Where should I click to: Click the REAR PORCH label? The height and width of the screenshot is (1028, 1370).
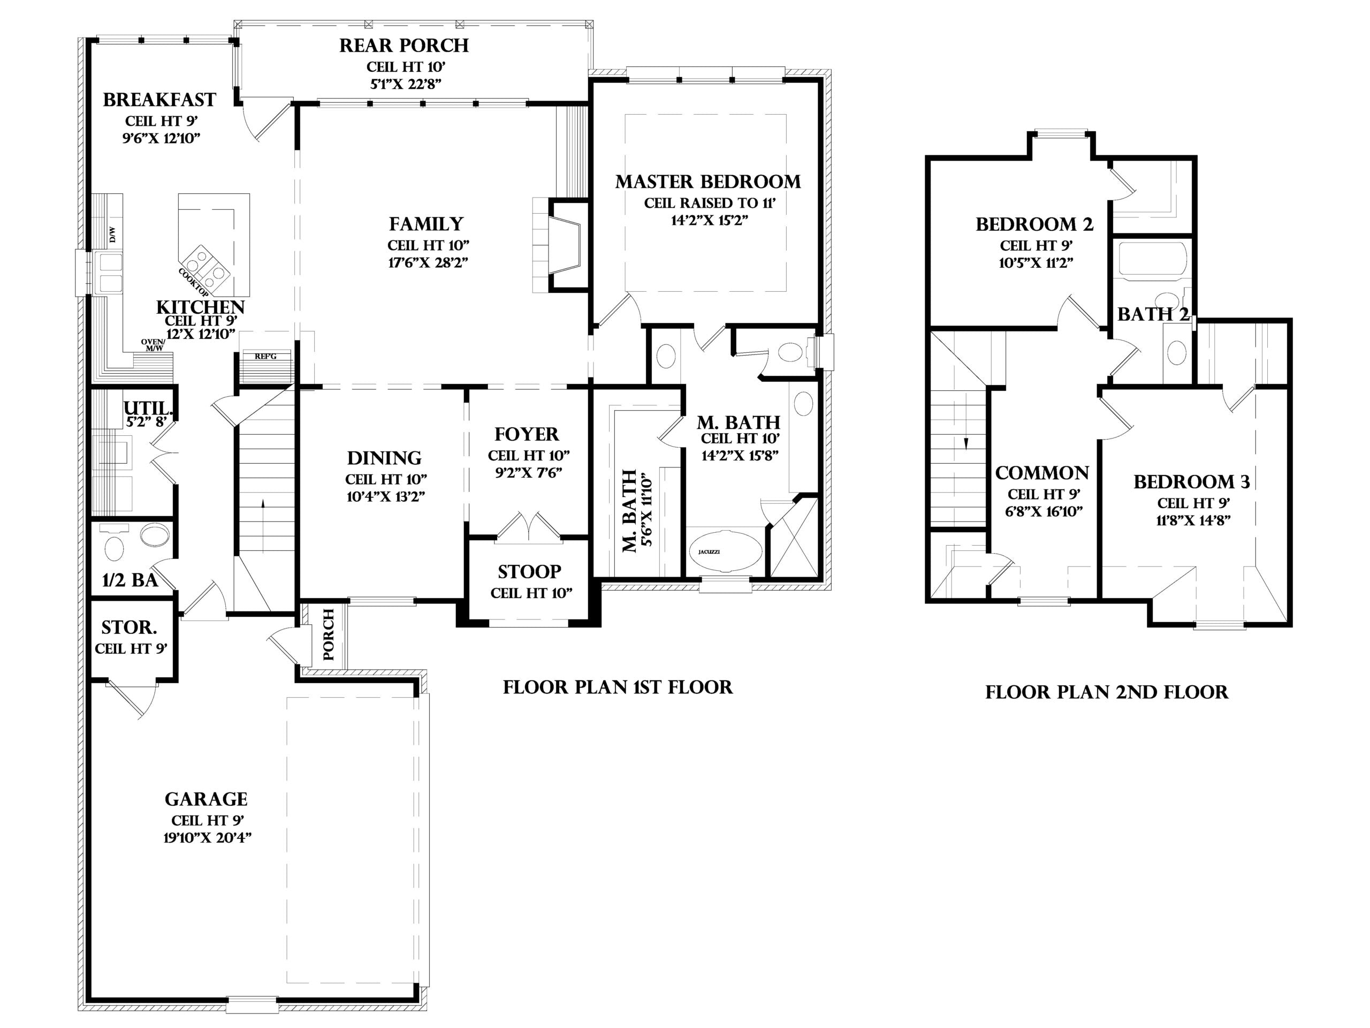coord(404,45)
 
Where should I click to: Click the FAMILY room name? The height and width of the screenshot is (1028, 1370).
coord(426,224)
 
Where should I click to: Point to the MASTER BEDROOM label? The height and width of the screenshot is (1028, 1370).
coord(708,182)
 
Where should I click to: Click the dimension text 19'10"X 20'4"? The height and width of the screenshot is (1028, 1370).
coord(208,838)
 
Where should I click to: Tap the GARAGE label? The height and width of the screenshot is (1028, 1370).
coord(206,799)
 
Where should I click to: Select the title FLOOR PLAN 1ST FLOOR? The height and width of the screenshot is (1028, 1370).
coord(618,687)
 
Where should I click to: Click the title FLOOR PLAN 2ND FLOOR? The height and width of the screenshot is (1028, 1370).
coord(1107,692)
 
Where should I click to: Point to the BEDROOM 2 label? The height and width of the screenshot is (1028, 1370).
coord(1034,224)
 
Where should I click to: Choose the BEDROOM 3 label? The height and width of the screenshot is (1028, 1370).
coord(1192,481)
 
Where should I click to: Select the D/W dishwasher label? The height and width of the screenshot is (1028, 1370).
coord(112,235)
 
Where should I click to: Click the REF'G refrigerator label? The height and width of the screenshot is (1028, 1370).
coord(265,356)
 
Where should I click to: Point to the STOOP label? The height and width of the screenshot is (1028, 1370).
coord(530,571)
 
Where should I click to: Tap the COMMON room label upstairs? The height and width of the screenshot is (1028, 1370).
coord(1042,473)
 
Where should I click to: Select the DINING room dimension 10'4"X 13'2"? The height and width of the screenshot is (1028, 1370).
coord(385,496)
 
